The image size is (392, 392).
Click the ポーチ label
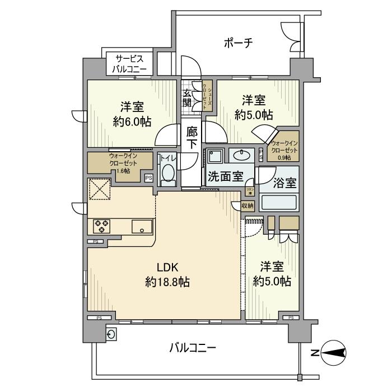(239, 43)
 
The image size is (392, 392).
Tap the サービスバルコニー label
(129, 64)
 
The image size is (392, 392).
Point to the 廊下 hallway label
(192, 138)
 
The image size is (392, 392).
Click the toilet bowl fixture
(168, 175)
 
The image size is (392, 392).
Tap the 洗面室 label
(225, 177)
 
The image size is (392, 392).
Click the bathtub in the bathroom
(279, 202)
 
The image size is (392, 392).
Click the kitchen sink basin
(141, 226)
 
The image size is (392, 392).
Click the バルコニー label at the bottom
(193, 348)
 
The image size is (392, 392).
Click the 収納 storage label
(248, 206)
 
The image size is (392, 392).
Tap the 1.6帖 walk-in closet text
(120, 170)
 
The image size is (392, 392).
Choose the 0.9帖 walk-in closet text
(283, 158)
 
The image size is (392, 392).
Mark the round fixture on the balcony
(112, 334)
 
